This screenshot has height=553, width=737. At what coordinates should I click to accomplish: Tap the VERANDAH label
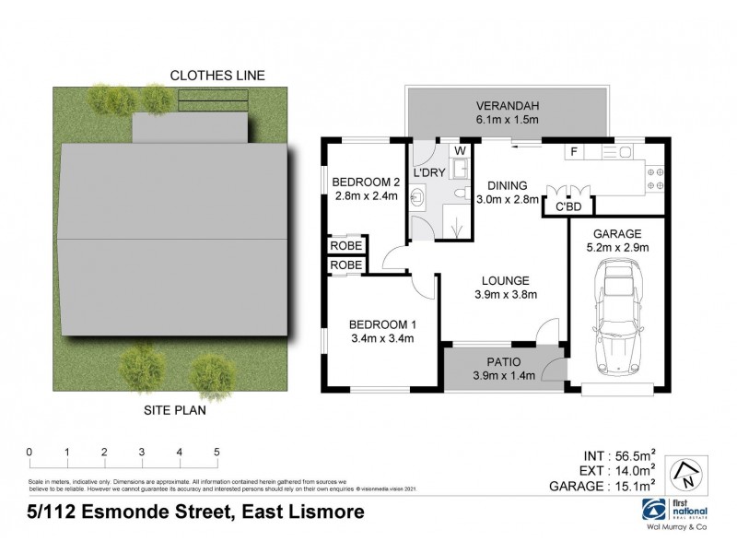(x=508, y=104)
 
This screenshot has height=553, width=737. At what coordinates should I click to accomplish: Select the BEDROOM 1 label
(x=381, y=324)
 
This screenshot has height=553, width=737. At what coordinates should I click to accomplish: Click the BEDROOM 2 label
(x=365, y=181)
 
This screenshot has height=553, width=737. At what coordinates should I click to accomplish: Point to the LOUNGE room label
(x=503, y=280)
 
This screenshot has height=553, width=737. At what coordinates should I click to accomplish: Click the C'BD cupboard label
(x=569, y=208)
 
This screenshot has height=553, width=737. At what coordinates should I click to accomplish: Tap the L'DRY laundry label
(x=429, y=172)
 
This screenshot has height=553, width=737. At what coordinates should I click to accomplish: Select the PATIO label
(x=503, y=361)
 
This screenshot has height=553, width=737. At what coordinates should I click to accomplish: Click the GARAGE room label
(x=617, y=233)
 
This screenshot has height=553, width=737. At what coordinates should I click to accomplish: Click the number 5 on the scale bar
(x=216, y=452)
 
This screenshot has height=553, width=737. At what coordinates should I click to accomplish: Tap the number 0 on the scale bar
(x=29, y=452)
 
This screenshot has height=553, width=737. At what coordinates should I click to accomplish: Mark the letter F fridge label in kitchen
(x=573, y=151)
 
